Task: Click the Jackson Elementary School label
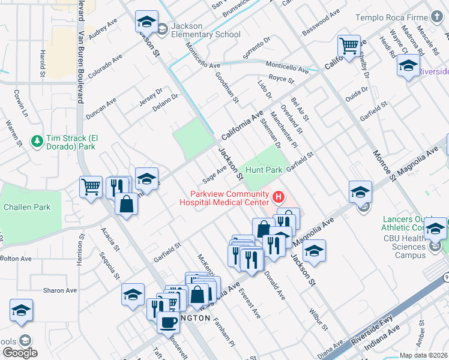205,30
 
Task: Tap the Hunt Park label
264,170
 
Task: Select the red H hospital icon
278,197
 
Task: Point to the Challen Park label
26,207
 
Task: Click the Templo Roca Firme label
399,18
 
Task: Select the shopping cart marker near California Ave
349,46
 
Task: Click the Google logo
19,353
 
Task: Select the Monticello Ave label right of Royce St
287,67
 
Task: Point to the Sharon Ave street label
59,290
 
